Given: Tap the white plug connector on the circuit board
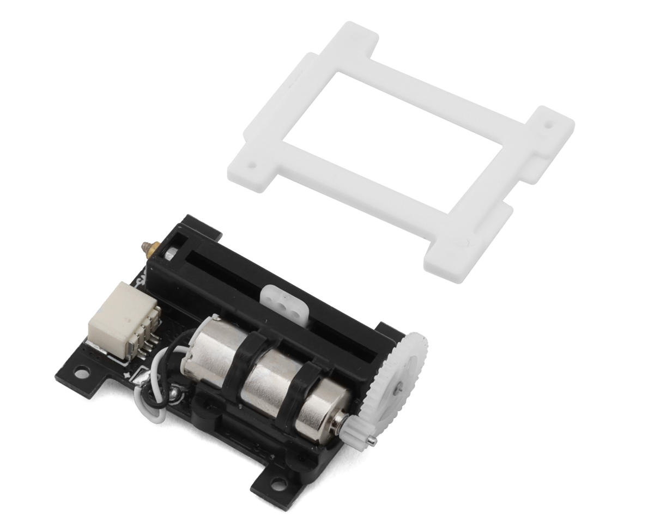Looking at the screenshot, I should pyautogui.click(x=121, y=321).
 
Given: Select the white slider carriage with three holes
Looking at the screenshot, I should pyautogui.click(x=282, y=299).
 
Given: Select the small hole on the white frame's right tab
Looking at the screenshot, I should pyautogui.click(x=548, y=124).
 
